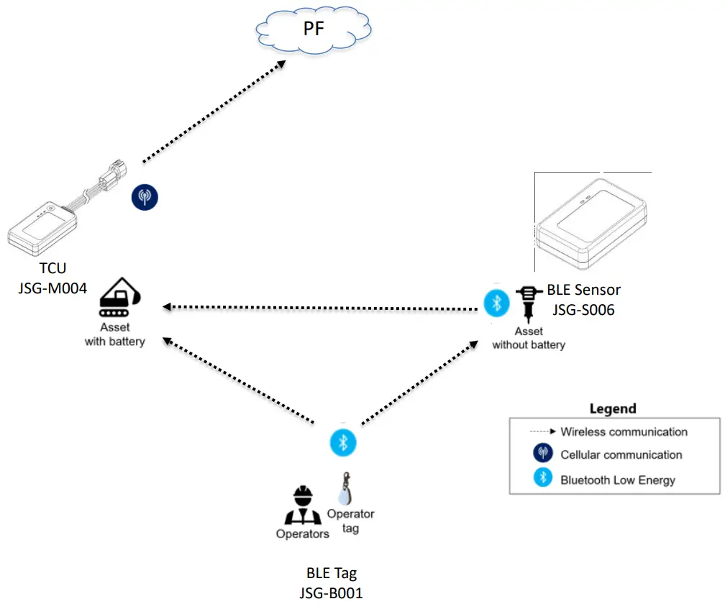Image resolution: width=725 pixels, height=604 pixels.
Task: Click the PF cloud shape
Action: point(315,30)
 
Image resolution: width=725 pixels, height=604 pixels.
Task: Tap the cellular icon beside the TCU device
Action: point(145,196)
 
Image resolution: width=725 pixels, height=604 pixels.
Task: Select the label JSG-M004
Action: point(52,288)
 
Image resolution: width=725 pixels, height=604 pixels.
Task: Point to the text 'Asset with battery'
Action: point(115,334)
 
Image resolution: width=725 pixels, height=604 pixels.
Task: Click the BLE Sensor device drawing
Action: point(591,221)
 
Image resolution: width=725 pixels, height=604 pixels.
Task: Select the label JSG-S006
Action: point(583,311)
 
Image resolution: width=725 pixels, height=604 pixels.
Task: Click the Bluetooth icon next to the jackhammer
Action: point(496,303)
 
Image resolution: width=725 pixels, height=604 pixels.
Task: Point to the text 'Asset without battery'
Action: point(529,338)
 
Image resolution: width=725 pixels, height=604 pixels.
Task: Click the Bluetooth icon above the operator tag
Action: point(343,441)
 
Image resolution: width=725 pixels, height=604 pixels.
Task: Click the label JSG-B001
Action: point(331,593)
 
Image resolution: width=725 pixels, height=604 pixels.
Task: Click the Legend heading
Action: point(613,408)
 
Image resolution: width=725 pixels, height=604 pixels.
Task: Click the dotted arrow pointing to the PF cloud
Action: point(213,111)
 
